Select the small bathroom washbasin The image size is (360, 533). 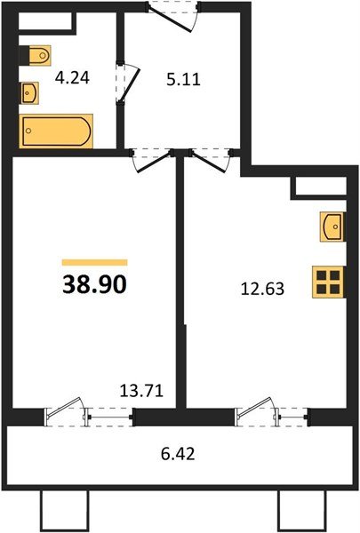coord(29,91)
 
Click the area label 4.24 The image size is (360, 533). coord(71,76)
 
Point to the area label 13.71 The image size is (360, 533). coord(140,388)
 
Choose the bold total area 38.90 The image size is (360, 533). coord(92,284)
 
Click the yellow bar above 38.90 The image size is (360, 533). coord(94,263)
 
